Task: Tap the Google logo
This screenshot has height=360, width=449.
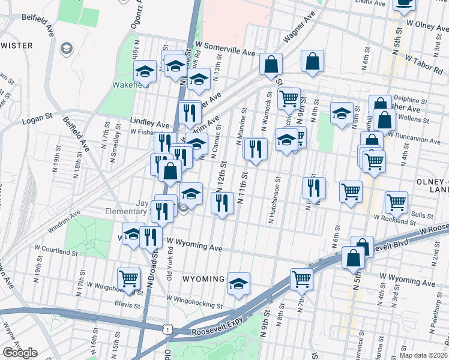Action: [x=19, y=352]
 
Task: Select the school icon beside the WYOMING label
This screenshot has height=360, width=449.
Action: [x=238, y=283]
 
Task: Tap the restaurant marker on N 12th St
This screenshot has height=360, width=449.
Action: [x=222, y=203]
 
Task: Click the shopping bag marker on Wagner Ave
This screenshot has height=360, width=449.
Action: [x=271, y=64]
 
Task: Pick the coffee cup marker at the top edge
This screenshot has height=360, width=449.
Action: [x=404, y=3]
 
